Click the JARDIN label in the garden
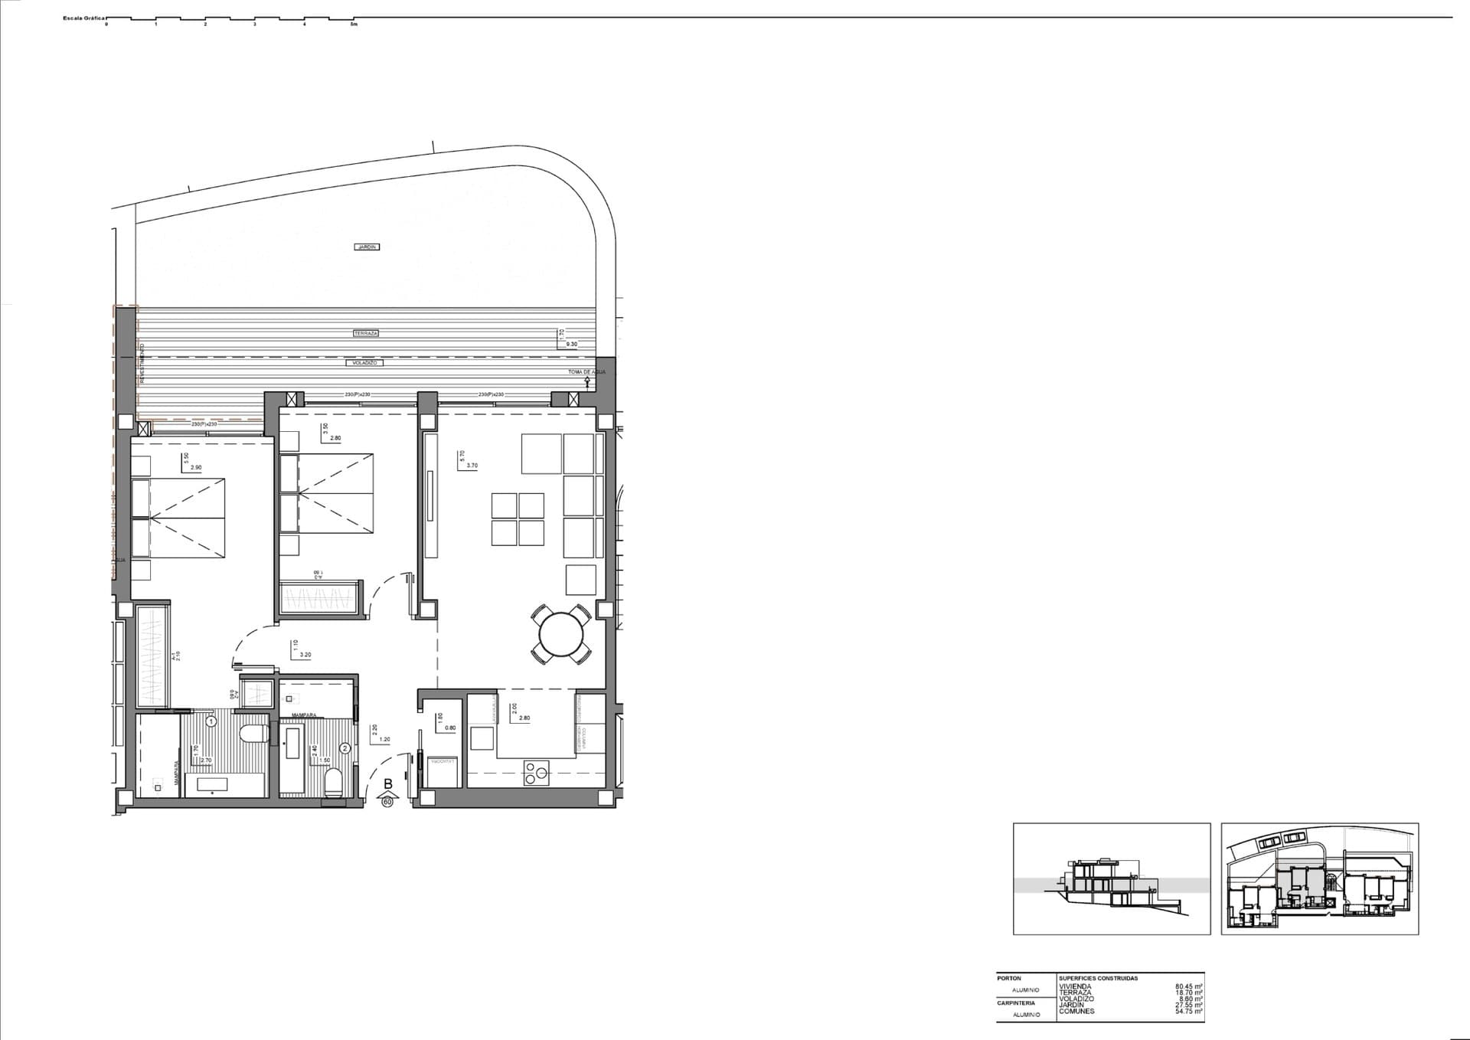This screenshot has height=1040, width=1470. click(367, 247)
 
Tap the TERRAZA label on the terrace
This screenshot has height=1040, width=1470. click(366, 333)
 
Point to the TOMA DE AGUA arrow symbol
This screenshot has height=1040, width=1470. click(587, 380)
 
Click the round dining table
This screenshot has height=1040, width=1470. click(561, 634)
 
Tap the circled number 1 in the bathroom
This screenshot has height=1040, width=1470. click(211, 721)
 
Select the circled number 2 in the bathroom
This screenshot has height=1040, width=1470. click(345, 747)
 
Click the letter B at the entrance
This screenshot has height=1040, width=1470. click(388, 783)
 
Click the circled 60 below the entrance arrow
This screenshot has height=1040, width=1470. click(387, 802)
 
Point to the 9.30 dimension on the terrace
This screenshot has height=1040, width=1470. click(571, 345)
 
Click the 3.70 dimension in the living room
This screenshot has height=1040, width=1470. click(472, 466)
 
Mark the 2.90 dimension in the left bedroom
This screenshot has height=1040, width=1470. click(196, 467)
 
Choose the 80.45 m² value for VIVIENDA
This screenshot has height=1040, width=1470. click(1188, 986)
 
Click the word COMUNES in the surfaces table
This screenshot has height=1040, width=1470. click(1076, 1012)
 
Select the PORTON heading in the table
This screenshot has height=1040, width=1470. click(1009, 978)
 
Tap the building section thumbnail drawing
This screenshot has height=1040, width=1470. click(1112, 878)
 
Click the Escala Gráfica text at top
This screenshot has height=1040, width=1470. click(83, 18)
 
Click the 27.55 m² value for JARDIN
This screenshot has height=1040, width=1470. click(1188, 1006)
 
